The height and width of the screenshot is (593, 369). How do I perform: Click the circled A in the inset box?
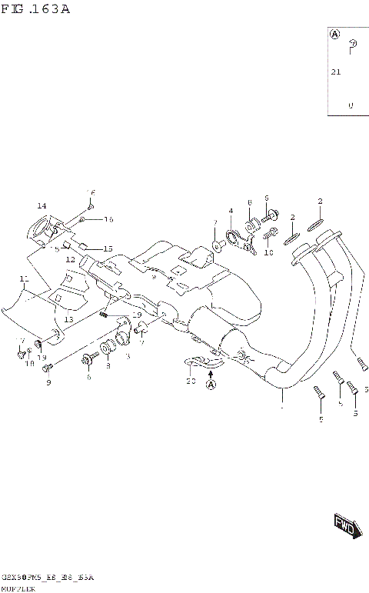pos(335,35)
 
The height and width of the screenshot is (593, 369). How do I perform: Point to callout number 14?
pos(42,205)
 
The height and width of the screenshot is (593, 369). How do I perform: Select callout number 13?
pos(68,319)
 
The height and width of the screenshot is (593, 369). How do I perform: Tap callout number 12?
pos(70,260)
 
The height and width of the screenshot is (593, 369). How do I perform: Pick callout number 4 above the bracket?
pos(229,211)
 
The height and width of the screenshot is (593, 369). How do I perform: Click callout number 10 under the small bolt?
pos(268,252)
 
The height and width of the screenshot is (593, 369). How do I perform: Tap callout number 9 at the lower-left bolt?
pos(48,382)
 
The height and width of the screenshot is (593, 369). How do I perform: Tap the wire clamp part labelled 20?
pos(201,362)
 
